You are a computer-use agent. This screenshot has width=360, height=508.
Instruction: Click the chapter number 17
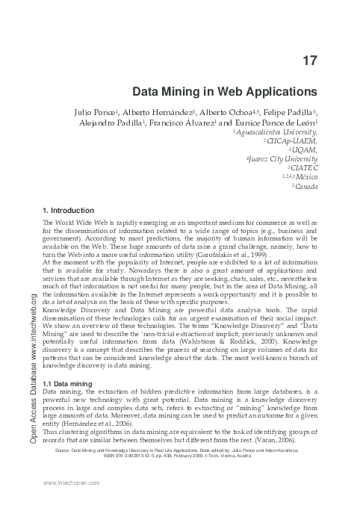pos(310,60)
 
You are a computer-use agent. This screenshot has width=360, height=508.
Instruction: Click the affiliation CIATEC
pos(302,168)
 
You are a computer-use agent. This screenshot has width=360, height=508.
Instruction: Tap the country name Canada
pos(306,186)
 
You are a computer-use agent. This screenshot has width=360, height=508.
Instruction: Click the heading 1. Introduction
pos(69,211)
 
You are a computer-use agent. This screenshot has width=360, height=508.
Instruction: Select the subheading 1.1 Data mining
pos(69,383)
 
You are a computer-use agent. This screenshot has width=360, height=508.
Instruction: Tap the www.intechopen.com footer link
pos(73,483)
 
